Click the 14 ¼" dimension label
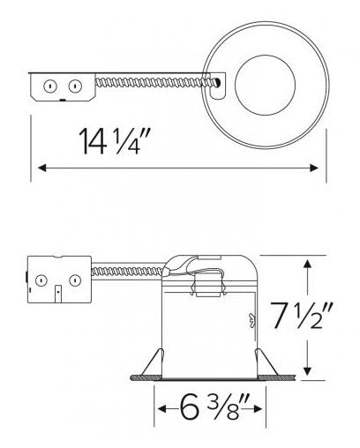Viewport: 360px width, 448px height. pos(115,141)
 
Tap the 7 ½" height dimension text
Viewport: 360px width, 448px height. pos(303,317)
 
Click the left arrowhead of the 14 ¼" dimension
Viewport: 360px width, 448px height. pos(42,168)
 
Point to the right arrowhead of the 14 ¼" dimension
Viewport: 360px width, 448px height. pos(314,168)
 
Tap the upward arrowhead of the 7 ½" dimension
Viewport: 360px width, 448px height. pos(308,264)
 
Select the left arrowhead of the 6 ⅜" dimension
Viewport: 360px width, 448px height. pos(162,408)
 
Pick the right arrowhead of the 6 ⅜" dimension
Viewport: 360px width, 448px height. pos(258,408)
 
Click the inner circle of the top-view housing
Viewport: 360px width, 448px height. pos(265,85)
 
